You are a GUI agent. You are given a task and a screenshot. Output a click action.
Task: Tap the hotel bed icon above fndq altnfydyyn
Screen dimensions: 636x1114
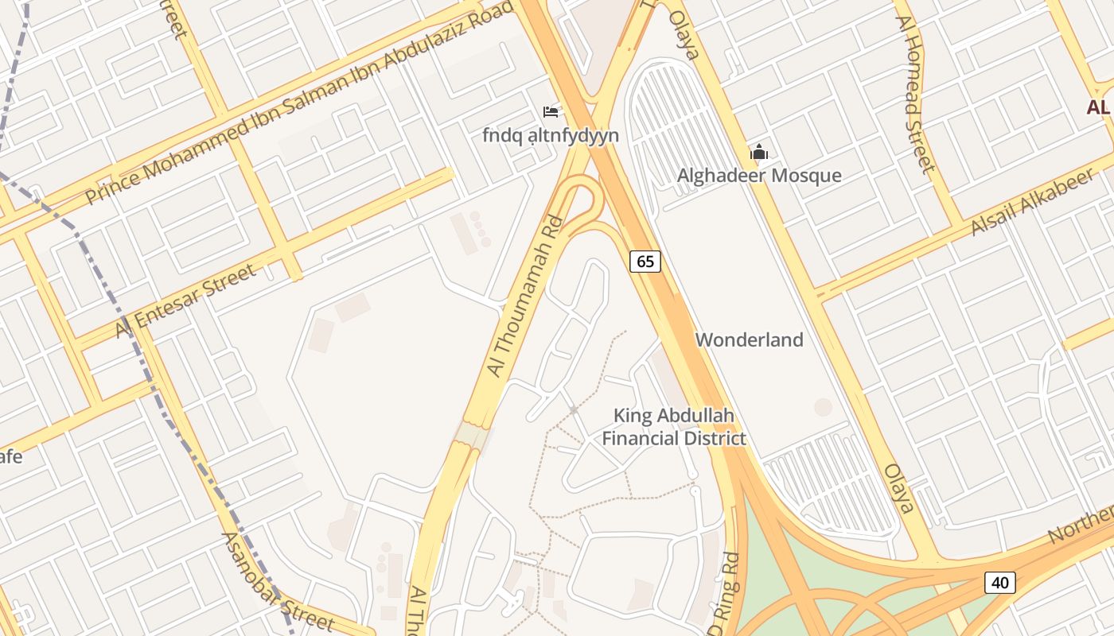550,112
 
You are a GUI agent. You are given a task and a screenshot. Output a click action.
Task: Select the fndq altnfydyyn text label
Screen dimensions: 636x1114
550,135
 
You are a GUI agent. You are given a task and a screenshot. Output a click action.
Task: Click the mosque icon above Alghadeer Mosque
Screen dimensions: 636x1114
759,152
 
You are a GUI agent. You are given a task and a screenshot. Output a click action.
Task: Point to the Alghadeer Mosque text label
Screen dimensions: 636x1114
759,176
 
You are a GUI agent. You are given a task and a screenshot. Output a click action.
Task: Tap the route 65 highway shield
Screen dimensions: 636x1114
645,261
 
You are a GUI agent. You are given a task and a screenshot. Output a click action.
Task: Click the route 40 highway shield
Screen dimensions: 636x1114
1000,583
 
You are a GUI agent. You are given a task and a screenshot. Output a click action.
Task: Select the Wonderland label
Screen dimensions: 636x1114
749,340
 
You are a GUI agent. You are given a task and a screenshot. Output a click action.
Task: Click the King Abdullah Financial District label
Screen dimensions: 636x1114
673,427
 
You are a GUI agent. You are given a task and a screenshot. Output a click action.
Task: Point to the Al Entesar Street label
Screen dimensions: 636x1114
186,301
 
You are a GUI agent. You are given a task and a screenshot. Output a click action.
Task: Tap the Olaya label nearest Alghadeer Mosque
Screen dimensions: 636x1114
683,35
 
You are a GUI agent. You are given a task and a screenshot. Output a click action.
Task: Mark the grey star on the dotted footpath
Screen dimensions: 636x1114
573,410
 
